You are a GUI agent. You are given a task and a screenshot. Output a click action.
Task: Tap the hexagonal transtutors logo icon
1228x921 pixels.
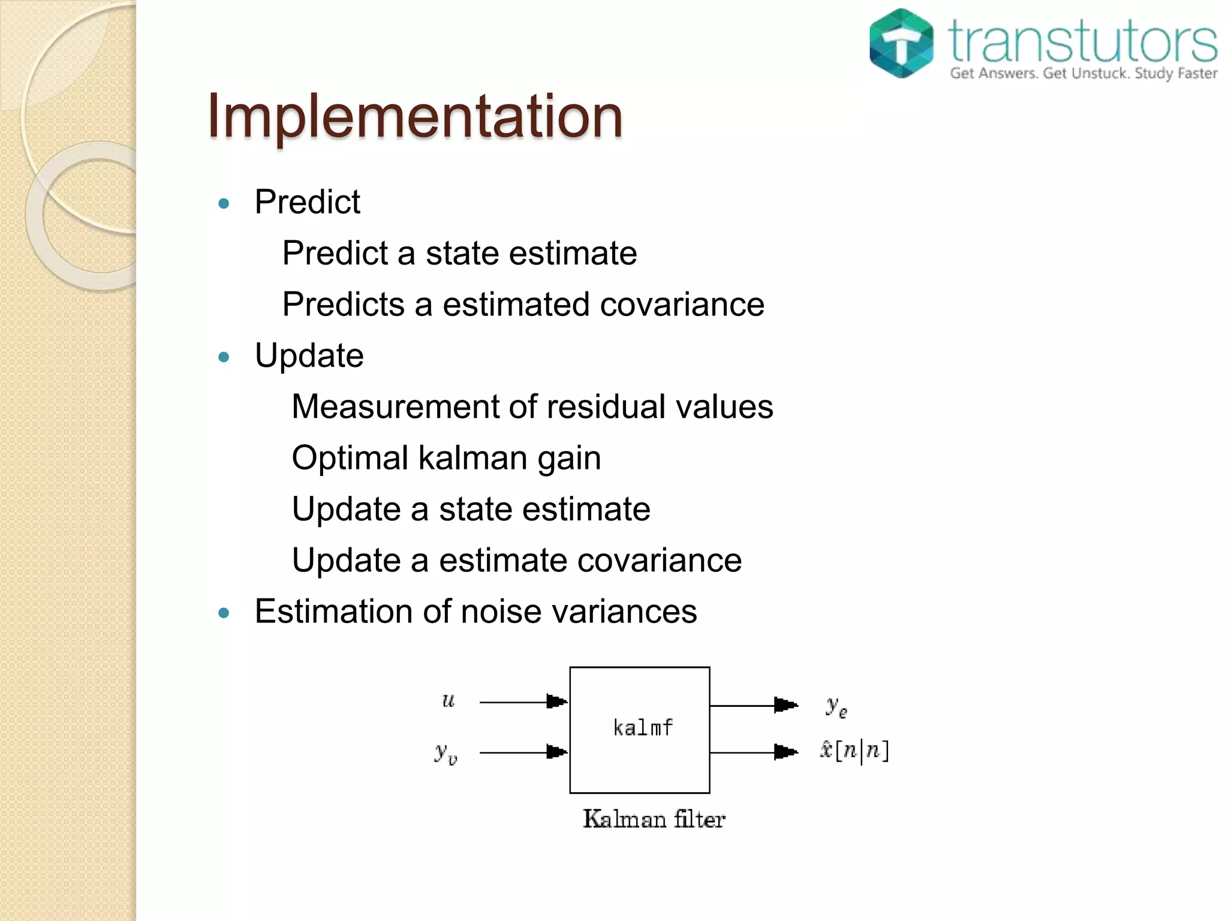point(901,43)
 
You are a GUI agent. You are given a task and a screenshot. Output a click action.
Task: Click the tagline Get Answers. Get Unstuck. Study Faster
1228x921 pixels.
point(1083,73)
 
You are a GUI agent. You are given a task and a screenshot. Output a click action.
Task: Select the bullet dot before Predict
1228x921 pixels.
point(224,204)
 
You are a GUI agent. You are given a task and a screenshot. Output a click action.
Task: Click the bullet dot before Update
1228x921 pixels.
point(224,357)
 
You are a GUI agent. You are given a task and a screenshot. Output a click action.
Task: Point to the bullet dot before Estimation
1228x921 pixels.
point(224,613)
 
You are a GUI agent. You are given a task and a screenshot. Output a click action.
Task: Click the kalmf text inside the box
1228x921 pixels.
point(643,728)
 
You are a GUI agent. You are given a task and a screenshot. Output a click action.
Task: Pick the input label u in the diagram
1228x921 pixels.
point(449,700)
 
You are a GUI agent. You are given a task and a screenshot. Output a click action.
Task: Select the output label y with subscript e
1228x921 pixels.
point(836,706)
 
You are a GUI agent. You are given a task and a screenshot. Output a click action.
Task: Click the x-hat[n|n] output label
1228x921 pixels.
point(854,751)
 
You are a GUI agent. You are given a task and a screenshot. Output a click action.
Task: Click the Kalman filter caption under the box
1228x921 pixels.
point(654,819)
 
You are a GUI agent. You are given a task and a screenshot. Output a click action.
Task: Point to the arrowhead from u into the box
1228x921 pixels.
point(556,701)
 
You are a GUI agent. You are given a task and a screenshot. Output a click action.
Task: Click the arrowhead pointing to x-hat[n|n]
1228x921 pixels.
point(785,752)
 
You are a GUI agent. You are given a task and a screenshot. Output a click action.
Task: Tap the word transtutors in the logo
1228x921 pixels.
point(1083,41)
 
